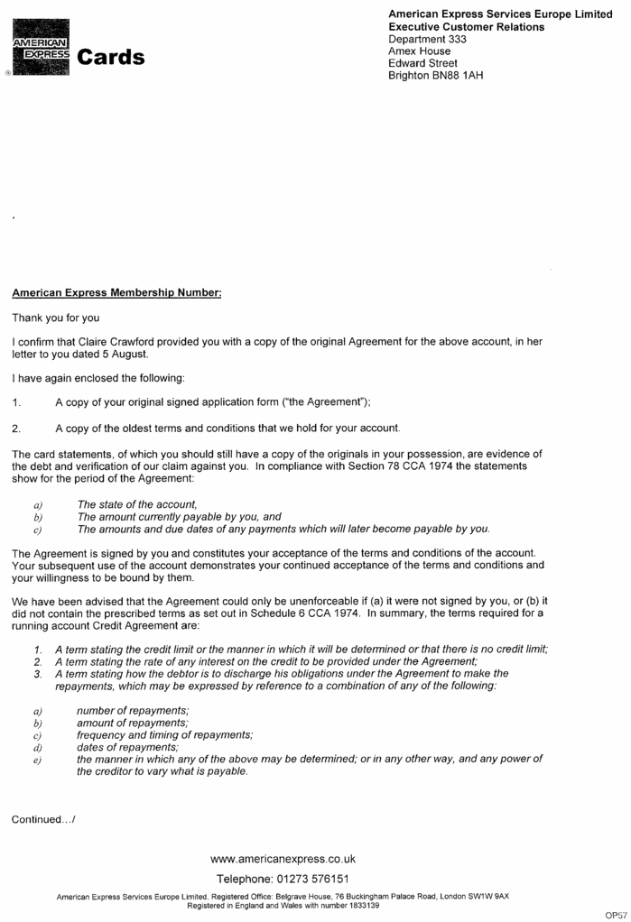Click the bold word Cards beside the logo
pos(111,58)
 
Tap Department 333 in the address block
pos(422,39)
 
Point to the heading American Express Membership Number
pos(116,293)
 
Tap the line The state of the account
pos(137,504)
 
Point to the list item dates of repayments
pos(127,747)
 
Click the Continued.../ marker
pos(44,819)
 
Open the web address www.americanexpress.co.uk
pos(283,859)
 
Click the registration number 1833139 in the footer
pos(359,905)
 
